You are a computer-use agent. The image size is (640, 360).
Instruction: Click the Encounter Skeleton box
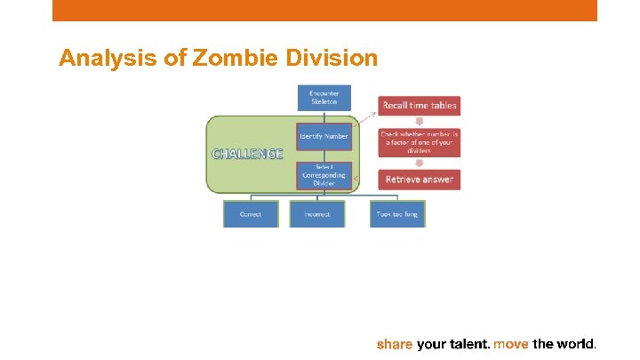pyautogui.click(x=324, y=98)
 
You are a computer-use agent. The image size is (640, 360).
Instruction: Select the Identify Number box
pyautogui.click(x=324, y=136)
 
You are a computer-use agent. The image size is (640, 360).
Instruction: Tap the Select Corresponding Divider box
pyautogui.click(x=324, y=175)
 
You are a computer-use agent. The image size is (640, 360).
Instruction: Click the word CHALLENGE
pyautogui.click(x=247, y=154)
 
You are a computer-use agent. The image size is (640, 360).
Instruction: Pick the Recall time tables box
pyautogui.click(x=420, y=105)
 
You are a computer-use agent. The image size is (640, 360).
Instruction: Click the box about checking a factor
pyautogui.click(x=420, y=142)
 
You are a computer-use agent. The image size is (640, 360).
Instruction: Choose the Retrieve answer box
pyautogui.click(x=420, y=180)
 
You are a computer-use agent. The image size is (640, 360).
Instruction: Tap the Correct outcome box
pyautogui.click(x=251, y=214)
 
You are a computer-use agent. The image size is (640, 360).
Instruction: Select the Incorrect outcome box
pyautogui.click(x=317, y=214)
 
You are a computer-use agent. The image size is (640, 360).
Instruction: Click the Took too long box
pyautogui.click(x=397, y=214)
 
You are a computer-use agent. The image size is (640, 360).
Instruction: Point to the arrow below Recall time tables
pyautogui.click(x=420, y=122)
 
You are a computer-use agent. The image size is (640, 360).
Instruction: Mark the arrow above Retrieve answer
pyautogui.click(x=420, y=162)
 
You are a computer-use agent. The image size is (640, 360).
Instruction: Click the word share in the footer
pyautogui.click(x=395, y=343)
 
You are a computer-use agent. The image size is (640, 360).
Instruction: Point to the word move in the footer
pyautogui.click(x=511, y=343)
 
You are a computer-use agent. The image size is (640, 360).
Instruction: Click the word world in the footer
pyautogui.click(x=576, y=343)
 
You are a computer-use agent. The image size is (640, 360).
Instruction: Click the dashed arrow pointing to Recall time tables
pyautogui.click(x=365, y=115)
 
